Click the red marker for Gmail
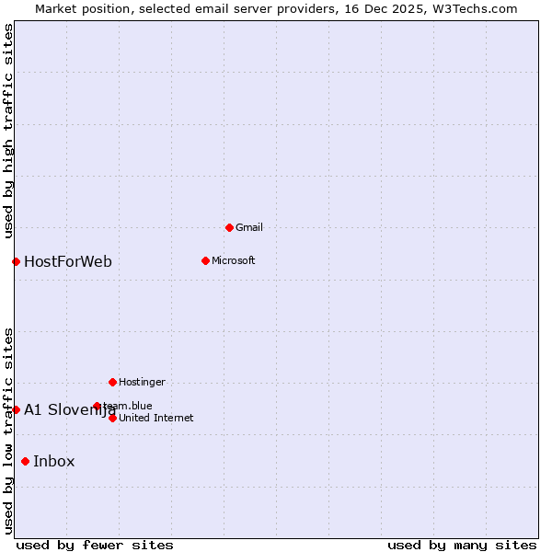[229, 227]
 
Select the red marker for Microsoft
[205, 260]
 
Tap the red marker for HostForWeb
[16, 261]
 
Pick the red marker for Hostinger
[112, 382]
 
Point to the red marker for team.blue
[97, 406]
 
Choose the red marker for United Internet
[112, 418]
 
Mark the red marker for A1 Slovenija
[16, 409]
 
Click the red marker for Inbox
[25, 461]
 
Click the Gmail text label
[249, 227]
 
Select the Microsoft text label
[234, 260]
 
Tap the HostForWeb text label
[68, 261]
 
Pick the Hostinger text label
[143, 382]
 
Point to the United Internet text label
[156, 418]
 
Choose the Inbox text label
[54, 461]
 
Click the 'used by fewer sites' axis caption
[95, 545]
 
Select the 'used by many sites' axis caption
[462, 545]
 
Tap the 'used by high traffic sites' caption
[8, 131]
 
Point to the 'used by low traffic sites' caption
[8, 430]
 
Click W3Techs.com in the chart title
[475, 8]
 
